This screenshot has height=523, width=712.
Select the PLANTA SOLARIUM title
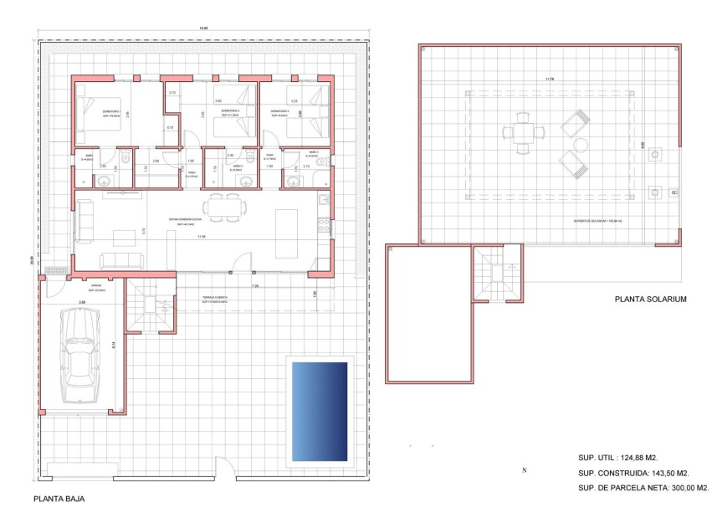pos(650,298)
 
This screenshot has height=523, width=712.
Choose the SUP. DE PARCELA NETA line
pos(643,488)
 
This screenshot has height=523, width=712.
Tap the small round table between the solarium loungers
pos(579,146)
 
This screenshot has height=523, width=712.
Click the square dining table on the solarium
pos(523,132)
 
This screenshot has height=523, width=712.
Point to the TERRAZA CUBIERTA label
pos(215,298)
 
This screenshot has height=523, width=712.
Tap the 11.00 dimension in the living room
pos(201,237)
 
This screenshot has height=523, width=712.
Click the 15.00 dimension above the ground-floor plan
pos(203,29)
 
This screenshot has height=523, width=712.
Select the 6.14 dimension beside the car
pos(113,344)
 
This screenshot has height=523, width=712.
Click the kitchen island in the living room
pos(286,222)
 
